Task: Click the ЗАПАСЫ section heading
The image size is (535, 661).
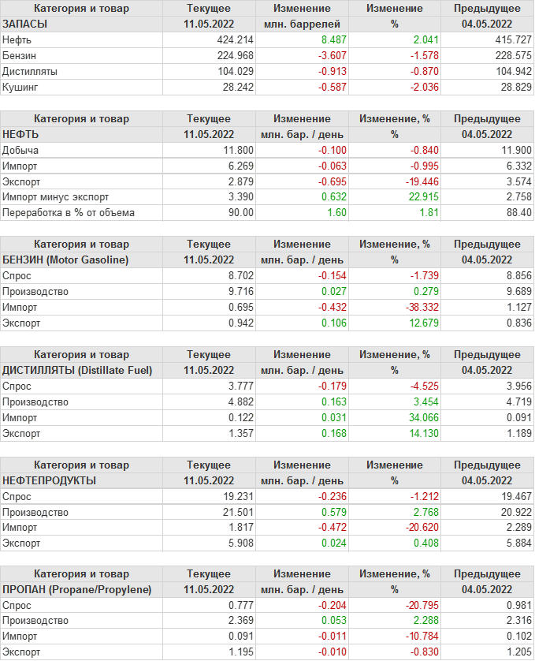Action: [25, 24]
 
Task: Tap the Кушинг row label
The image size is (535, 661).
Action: [20, 87]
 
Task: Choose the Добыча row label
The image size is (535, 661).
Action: [21, 150]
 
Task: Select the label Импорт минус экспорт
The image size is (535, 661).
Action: [56, 196]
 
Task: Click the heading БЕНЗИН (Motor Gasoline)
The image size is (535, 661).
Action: [66, 260]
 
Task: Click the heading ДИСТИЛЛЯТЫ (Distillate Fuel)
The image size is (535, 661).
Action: [77, 370]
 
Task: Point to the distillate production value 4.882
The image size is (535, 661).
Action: [240, 401]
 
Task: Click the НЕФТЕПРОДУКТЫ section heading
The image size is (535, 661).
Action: [50, 480]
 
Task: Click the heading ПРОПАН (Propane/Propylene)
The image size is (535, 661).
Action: [77, 589]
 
